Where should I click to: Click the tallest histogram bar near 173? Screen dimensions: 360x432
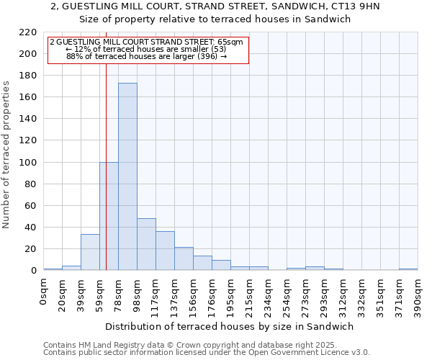[x=127, y=176]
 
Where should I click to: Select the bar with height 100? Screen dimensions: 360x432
[x=109, y=216]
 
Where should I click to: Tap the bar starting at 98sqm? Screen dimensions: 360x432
[x=146, y=244]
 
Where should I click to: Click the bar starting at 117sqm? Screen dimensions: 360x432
[x=165, y=251]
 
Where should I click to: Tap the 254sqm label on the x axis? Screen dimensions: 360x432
[x=287, y=297]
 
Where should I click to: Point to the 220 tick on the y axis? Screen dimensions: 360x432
[x=28, y=32]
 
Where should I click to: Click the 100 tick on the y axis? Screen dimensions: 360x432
[x=28, y=163]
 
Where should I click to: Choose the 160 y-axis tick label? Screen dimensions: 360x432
[x=28, y=97]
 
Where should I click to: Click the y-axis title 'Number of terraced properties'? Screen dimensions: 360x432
[x=7, y=155]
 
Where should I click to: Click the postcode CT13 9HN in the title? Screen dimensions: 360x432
[x=361, y=6]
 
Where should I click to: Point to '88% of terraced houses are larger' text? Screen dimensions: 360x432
[x=140, y=56]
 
